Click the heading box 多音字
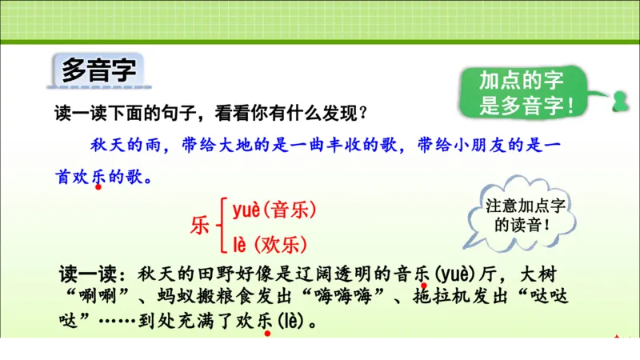coord(98,70)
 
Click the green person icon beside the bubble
coord(618,102)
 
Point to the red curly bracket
coord(222,226)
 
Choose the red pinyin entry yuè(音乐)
coord(274,210)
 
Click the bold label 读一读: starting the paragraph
coord(92,274)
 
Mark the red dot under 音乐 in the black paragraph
coord(424,285)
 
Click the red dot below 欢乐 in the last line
coord(268,333)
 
